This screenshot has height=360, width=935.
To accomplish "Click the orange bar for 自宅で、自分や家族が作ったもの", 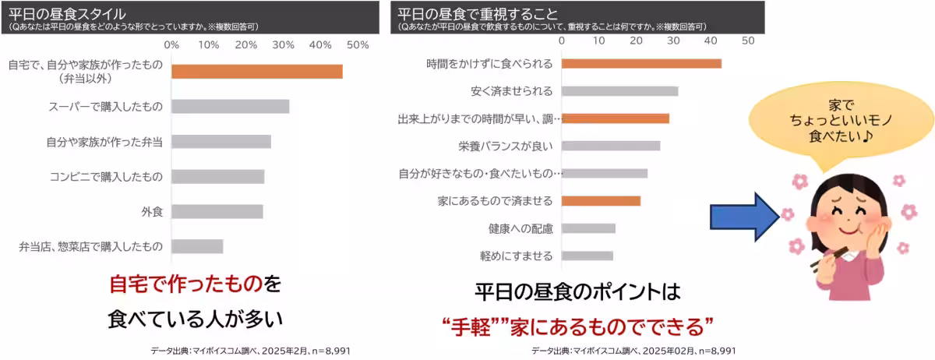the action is (x=256, y=72).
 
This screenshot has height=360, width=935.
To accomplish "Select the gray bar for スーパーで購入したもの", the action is (x=231, y=107).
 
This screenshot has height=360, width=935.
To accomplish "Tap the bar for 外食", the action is (x=217, y=211).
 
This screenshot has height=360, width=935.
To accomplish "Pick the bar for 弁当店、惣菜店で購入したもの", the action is (x=197, y=246).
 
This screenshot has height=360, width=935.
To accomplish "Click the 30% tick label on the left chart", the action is (x=283, y=45).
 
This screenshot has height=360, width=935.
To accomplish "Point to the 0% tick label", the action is (x=171, y=45).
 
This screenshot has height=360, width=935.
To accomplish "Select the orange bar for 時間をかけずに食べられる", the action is (x=641, y=63).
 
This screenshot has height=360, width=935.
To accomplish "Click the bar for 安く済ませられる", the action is (x=619, y=91).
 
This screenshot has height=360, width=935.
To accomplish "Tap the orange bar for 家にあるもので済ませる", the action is (x=601, y=201).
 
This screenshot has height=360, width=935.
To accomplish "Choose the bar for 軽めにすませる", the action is (x=587, y=256).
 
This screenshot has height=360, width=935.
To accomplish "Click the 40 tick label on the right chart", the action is (x=711, y=41).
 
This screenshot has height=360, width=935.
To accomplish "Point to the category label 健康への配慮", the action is (x=520, y=228).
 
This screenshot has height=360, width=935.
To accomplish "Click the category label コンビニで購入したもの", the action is (x=106, y=177).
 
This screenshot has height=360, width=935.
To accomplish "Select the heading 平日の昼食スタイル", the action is (x=67, y=14).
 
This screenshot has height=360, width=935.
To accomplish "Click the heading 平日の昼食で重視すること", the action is (x=478, y=14).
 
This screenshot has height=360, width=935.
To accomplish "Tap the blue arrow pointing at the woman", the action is (x=745, y=217).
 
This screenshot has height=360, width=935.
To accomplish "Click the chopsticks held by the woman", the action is (x=829, y=259).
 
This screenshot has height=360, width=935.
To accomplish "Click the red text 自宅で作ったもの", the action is (x=185, y=284).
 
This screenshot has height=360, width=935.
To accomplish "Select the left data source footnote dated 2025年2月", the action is (x=250, y=351).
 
